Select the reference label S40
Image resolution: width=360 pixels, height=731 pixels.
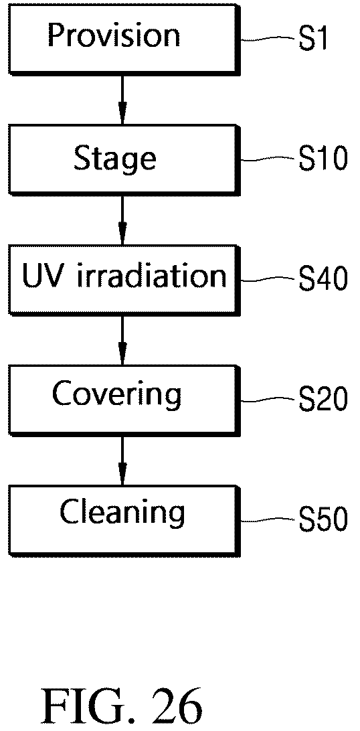(323, 280)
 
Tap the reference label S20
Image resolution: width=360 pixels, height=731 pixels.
(323, 400)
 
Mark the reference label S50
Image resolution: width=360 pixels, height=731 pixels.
(323, 520)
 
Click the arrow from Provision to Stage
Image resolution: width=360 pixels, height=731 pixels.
(122, 99)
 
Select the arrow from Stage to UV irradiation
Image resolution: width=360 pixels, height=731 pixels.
(122, 220)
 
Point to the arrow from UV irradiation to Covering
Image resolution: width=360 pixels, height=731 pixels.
(122, 340)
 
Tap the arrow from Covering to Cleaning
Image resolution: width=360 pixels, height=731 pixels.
(122, 460)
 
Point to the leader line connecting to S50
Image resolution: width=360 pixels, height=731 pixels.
(268, 520)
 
